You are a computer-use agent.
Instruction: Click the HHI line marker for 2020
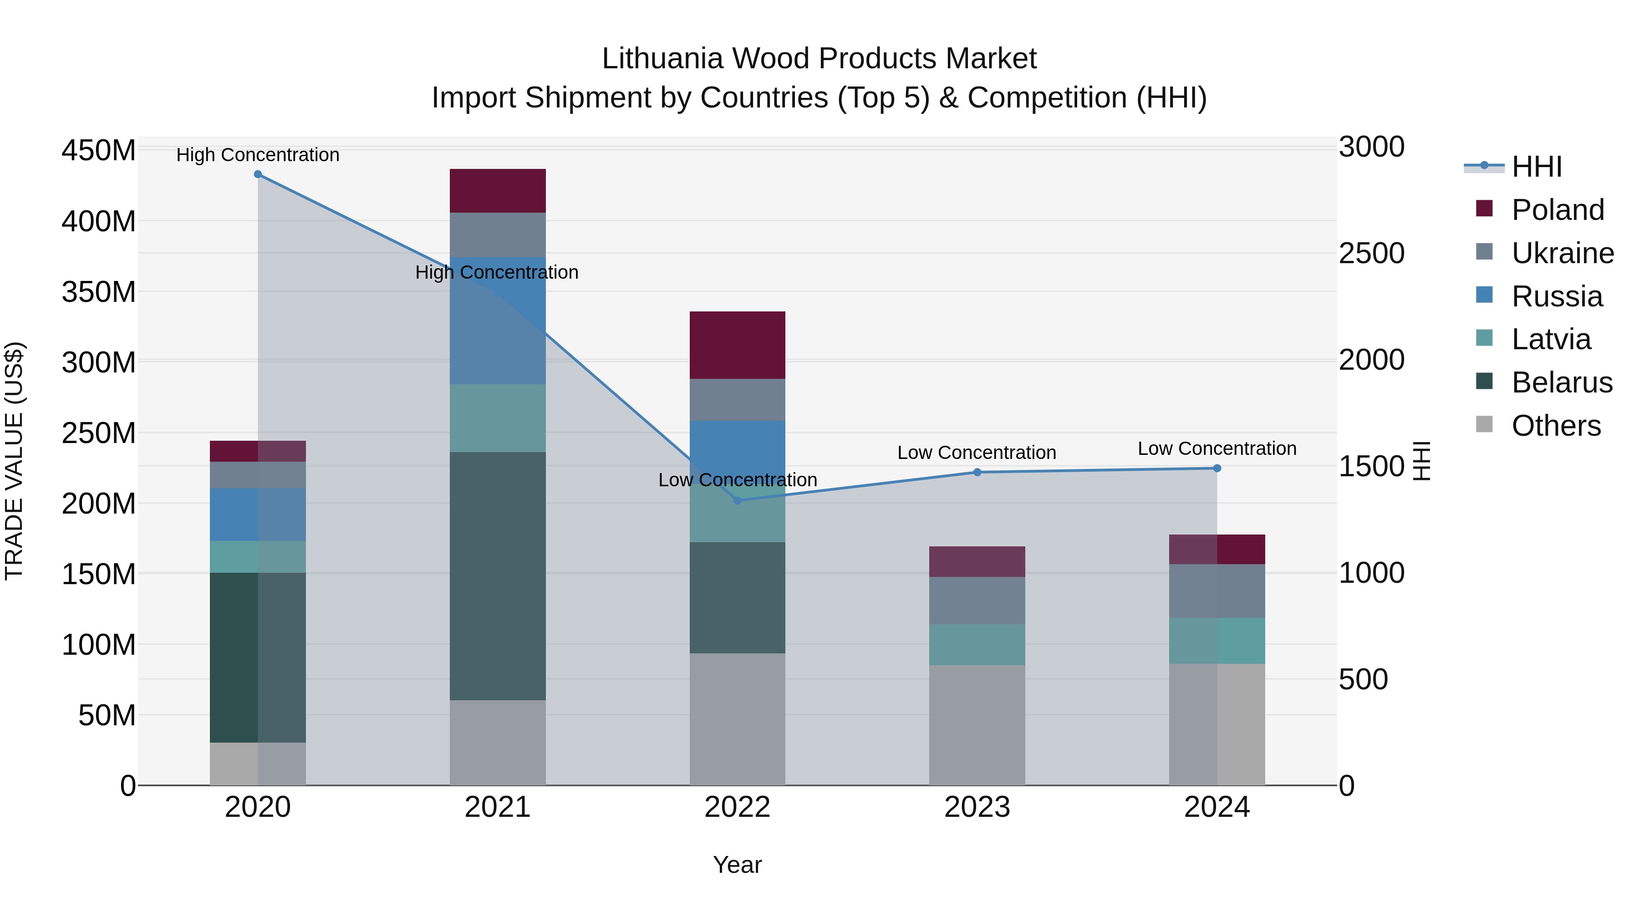point(258,174)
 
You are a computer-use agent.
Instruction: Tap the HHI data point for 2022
point(738,501)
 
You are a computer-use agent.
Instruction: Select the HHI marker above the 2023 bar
point(977,472)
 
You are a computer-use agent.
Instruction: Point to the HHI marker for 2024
point(1217,469)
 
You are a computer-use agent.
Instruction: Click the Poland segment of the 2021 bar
point(498,191)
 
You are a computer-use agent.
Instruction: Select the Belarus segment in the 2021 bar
point(498,576)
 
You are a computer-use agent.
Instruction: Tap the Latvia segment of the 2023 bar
point(977,645)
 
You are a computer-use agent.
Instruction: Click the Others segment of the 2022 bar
point(738,719)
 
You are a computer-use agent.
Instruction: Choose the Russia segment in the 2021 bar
point(498,321)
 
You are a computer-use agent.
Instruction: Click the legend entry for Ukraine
point(1562,253)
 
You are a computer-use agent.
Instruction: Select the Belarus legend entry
point(1562,382)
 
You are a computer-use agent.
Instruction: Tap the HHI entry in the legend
point(1536,167)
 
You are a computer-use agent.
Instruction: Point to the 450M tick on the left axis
point(99,151)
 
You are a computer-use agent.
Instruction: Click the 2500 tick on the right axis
point(1372,253)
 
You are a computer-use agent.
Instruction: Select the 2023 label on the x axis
point(977,807)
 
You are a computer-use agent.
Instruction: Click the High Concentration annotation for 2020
point(258,155)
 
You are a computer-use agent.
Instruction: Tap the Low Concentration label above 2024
point(1217,448)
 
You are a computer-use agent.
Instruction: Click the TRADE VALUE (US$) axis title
point(14,461)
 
